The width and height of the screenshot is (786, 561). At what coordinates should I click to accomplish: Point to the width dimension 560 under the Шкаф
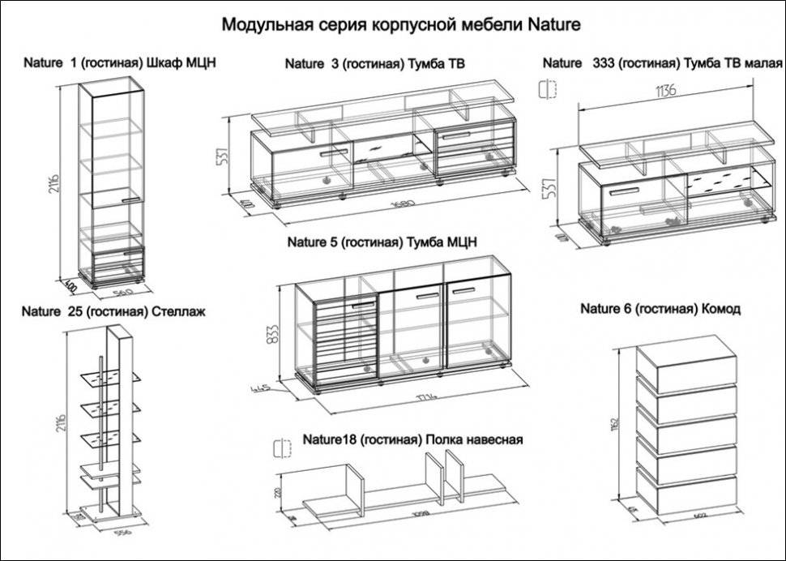(122, 290)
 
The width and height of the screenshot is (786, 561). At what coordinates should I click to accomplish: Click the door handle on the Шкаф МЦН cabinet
(130, 199)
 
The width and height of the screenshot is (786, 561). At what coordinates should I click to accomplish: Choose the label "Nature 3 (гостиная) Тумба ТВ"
(374, 63)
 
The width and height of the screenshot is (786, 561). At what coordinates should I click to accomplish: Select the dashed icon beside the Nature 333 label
(549, 88)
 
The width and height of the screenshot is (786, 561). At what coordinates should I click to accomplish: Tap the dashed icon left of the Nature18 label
(282, 447)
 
